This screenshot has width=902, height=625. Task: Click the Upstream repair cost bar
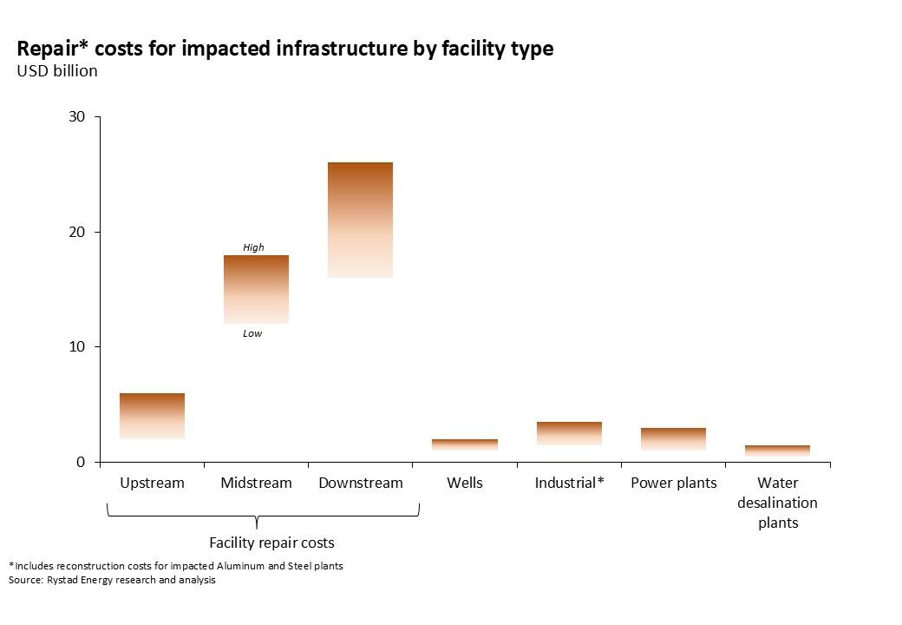[152, 416]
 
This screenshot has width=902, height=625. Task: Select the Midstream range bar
[256, 289]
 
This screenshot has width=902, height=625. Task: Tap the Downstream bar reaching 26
[360, 220]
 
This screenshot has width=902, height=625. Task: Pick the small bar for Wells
[465, 444]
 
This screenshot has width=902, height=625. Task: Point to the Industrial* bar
[569, 433]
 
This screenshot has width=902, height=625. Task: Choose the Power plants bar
[673, 438]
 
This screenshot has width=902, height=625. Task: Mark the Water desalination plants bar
[777, 451]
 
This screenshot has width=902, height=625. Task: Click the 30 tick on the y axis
[77, 117]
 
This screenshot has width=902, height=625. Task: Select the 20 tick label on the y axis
[77, 232]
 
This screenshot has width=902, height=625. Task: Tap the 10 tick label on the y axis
[77, 347]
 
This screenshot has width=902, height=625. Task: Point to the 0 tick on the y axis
[81, 462]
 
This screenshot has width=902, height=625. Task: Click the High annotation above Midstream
[253, 247]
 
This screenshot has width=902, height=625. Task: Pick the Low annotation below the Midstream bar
[252, 333]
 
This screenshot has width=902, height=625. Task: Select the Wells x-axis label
[465, 483]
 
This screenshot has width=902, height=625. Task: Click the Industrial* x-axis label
[569, 483]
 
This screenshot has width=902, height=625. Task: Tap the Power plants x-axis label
[674, 483]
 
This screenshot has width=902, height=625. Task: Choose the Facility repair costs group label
[271, 543]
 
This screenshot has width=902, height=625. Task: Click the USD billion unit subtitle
[57, 71]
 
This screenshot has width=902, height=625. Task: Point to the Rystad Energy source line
[112, 580]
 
